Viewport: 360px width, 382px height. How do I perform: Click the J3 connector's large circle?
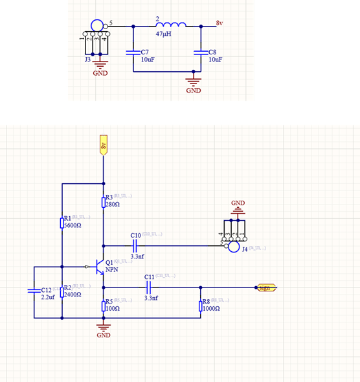[97, 26]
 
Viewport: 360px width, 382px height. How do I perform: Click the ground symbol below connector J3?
[100, 64]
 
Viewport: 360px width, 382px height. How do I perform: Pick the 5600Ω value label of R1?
[71, 225]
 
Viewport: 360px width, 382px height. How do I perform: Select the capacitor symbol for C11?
[150, 287]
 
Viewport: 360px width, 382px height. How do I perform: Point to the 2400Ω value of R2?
[71, 294]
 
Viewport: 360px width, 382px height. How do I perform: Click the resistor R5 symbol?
[104, 306]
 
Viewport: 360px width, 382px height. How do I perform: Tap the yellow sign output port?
[266, 287]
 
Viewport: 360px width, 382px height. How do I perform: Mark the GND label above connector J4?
[238, 203]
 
